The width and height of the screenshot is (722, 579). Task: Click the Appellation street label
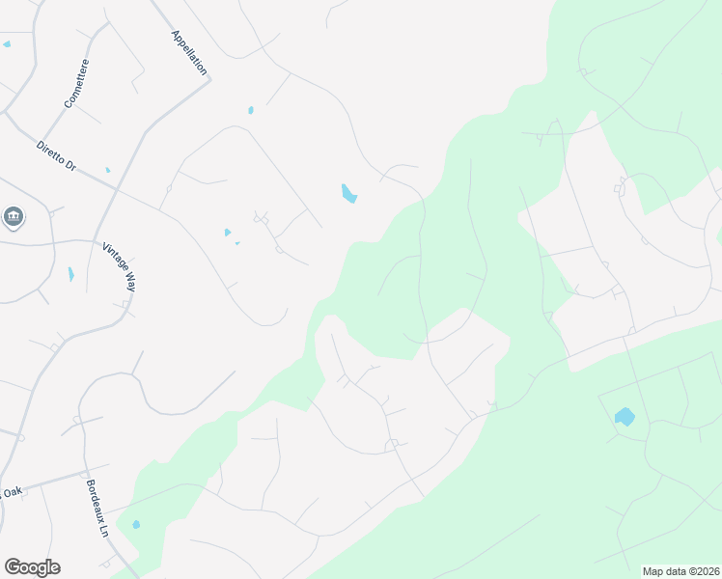[x=189, y=52]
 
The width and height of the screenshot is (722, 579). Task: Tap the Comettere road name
[x=76, y=83]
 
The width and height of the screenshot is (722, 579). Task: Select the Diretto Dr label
[x=55, y=155]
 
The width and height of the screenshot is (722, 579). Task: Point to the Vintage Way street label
[x=119, y=266]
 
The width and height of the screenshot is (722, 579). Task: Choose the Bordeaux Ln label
[x=97, y=509]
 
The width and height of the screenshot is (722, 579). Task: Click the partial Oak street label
[x=12, y=492]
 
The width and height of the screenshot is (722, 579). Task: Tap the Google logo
[x=32, y=567]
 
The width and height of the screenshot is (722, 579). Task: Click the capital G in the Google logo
[x=12, y=567]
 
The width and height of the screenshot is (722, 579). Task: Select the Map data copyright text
[x=680, y=571]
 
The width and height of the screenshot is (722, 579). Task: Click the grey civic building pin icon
[x=14, y=216]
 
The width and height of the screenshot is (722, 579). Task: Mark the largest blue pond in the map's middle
[x=348, y=194]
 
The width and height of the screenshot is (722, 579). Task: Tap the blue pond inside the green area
[x=625, y=417]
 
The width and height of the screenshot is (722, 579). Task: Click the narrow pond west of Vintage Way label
[x=70, y=274]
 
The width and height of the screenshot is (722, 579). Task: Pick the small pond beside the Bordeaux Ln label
[x=136, y=525]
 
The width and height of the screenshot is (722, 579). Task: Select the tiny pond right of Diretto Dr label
[x=107, y=170]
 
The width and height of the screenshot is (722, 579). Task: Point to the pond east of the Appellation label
[x=250, y=110]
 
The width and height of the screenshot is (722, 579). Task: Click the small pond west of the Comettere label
[x=7, y=44]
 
